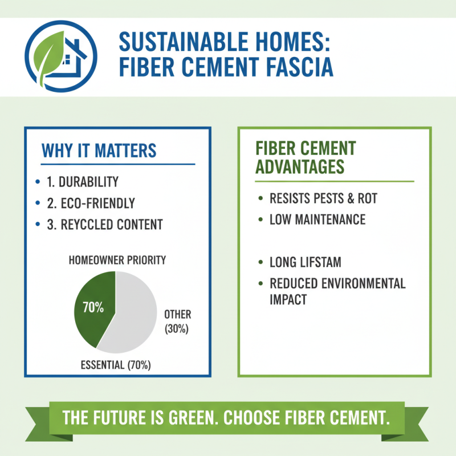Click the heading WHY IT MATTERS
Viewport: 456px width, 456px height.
[99, 151]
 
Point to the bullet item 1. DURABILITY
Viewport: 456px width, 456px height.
[83, 182]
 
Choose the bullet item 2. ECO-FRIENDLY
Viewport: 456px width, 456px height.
[91, 203]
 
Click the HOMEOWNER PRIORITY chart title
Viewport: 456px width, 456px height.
[117, 260]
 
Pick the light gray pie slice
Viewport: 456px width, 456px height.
[134, 311]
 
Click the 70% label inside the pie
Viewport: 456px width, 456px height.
[93, 308]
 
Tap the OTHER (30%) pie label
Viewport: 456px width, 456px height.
[177, 321]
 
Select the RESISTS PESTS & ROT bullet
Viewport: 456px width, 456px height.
[323, 199]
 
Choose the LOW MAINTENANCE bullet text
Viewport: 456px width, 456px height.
[317, 219]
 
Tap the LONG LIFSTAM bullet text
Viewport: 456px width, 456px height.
[304, 263]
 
